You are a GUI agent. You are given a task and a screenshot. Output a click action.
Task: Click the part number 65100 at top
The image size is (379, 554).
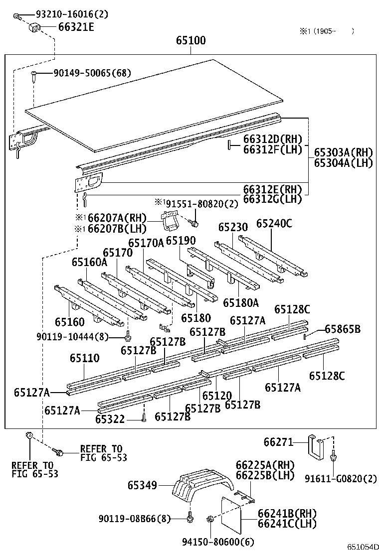click(190, 40)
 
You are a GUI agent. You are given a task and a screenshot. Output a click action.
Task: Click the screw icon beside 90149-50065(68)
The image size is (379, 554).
click(33, 75)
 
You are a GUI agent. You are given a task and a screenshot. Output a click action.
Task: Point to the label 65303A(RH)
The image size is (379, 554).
click(343, 152)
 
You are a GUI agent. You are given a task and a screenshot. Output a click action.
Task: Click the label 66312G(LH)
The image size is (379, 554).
click(272, 199)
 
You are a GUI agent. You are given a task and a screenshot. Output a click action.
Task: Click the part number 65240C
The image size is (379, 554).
click(274, 224)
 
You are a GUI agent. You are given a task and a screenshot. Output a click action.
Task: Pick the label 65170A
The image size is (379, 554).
click(146, 243)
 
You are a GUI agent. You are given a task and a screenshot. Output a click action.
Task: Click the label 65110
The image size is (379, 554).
click(84, 358)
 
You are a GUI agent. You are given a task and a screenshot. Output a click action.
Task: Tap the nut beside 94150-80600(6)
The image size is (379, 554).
click(209, 521)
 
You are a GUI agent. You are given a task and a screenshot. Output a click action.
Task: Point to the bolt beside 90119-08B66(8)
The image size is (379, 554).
click(189, 519)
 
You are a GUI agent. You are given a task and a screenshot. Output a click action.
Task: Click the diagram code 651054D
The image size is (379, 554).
click(361, 547)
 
